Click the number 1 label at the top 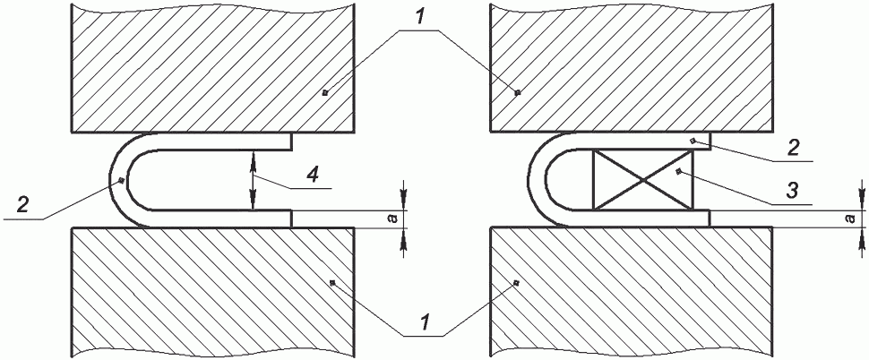click(x=421, y=18)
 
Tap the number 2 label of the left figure click(x=22, y=205)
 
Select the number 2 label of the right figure click(x=792, y=149)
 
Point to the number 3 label click(x=792, y=191)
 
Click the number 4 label click(x=313, y=176)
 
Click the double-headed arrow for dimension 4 click(x=254, y=181)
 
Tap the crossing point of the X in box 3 click(x=643, y=179)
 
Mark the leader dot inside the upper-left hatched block click(x=325, y=92)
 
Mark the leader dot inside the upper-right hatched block click(x=518, y=92)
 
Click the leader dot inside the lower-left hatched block click(x=332, y=283)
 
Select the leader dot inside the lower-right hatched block click(x=516, y=283)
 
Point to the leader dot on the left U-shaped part click(x=121, y=181)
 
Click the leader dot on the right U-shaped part click(x=693, y=141)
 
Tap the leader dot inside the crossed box click(x=678, y=172)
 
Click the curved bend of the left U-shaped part click(x=118, y=180)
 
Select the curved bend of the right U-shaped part click(x=536, y=180)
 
